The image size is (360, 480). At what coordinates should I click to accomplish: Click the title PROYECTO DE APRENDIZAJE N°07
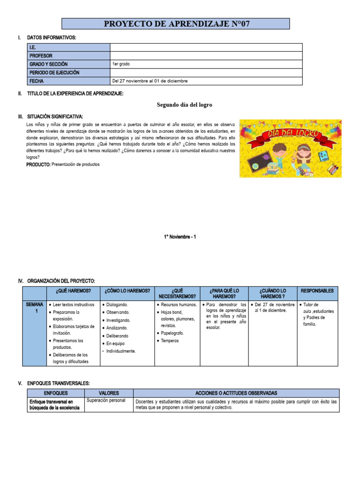[176, 24]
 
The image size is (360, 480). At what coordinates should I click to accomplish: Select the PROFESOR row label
[41, 56]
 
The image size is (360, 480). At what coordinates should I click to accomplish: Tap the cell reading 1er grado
[121, 64]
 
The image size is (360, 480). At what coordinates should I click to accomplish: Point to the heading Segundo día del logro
[181, 105]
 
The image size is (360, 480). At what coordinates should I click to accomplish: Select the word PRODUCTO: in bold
[38, 165]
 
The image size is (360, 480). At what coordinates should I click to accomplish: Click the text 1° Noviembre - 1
[180, 237]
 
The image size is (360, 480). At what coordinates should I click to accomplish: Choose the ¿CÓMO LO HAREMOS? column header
[127, 291]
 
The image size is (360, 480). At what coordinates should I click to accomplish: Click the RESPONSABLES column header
[317, 291]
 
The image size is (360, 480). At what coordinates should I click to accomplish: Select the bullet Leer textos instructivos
[73, 305]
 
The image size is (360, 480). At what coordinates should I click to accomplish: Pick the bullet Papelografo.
[172, 333]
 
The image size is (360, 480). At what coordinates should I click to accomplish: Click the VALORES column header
[109, 393]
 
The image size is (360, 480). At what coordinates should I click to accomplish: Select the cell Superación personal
[105, 401]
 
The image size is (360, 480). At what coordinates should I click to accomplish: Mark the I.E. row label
[33, 47]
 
